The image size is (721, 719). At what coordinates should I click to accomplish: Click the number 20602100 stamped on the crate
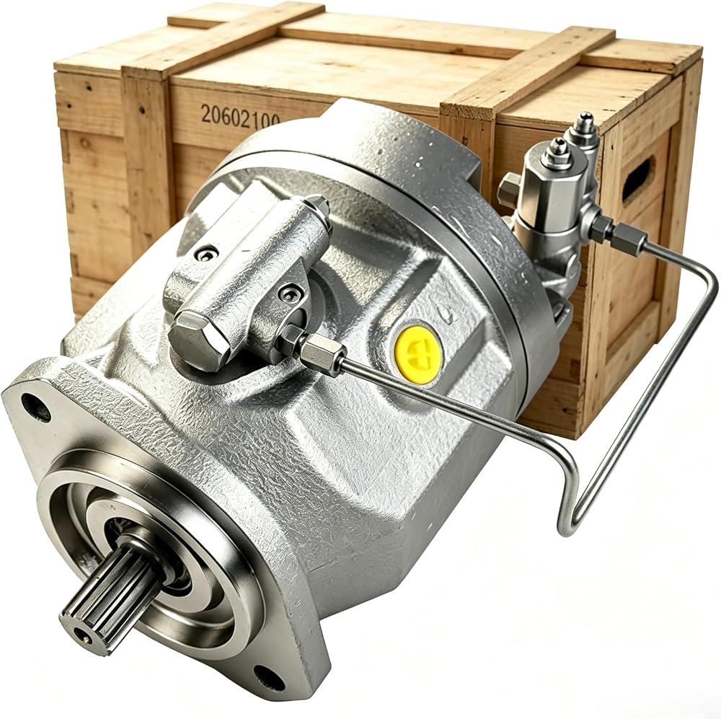[240, 115]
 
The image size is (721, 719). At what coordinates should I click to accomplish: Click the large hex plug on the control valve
[199, 340]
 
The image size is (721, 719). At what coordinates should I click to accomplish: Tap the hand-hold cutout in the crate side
[638, 178]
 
